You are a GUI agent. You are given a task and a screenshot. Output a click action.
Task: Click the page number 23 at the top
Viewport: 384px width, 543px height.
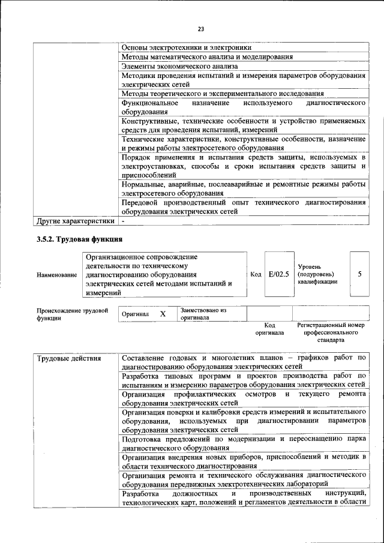click(x=201, y=28)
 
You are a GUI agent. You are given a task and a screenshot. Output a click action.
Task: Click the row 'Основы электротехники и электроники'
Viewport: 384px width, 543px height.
click(x=186, y=47)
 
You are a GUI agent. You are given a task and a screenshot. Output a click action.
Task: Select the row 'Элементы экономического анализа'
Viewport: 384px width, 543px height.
click(x=179, y=66)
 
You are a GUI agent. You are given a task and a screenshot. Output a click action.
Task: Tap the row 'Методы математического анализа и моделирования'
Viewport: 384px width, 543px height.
click(x=207, y=56)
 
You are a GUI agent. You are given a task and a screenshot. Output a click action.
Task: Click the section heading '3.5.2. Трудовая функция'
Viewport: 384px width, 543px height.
click(x=76, y=241)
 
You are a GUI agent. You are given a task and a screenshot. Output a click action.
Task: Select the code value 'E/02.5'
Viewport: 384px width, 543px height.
click(x=279, y=274)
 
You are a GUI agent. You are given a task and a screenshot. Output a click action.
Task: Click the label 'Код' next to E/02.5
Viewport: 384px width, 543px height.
click(x=256, y=274)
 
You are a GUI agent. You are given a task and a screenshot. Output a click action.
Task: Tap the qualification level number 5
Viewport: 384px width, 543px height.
click(x=359, y=274)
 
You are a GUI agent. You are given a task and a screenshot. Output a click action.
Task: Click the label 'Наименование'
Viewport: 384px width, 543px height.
click(x=57, y=275)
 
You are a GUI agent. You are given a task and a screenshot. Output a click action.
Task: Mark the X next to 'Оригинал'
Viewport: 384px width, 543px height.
click(x=162, y=314)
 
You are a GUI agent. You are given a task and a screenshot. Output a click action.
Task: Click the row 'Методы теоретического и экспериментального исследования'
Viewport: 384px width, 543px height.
click(x=223, y=94)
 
